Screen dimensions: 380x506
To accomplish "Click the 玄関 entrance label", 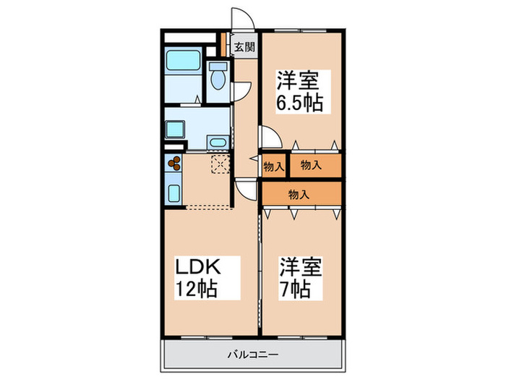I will [x=244, y=48].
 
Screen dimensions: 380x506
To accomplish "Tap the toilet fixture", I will [x=217, y=75].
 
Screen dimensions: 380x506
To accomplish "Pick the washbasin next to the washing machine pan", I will [x=216, y=141].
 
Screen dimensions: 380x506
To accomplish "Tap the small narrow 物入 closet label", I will [x=274, y=166].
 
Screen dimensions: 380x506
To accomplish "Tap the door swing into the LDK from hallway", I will [x=246, y=190].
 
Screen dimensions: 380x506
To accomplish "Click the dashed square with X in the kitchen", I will [x=219, y=164].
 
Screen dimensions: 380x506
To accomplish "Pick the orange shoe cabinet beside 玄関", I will [x=226, y=43].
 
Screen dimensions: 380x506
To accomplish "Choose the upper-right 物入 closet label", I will [x=312, y=166].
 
